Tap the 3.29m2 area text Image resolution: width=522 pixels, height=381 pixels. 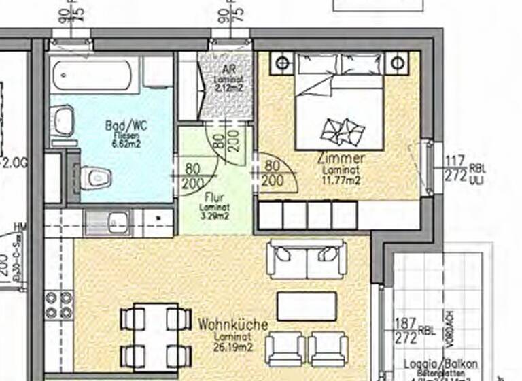pyautogui.click(x=213, y=216)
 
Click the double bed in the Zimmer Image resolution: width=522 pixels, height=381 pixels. pyautogui.click(x=339, y=102)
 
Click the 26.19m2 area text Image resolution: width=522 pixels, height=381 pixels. pyautogui.click(x=232, y=346)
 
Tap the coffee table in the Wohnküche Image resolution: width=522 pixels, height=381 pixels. pyautogui.click(x=307, y=306)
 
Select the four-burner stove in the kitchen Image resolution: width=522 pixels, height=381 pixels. pyautogui.click(x=59, y=306)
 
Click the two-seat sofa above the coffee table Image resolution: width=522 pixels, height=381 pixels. pyautogui.click(x=307, y=259)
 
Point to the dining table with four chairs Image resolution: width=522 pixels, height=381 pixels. pyautogui.click(x=156, y=337)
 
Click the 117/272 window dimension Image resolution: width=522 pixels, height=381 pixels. pyautogui.click(x=456, y=168)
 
